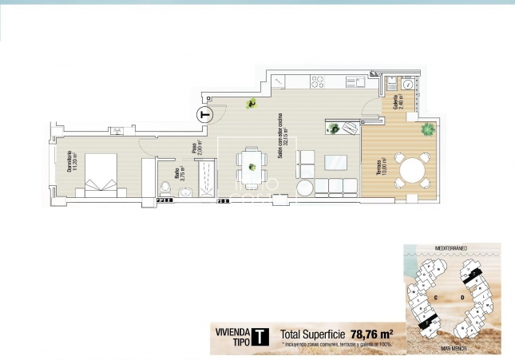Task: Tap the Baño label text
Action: coord(180,176)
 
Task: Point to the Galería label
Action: coord(397,103)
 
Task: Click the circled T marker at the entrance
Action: coord(205,113)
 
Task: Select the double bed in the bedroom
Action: coord(99,173)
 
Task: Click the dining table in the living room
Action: coord(252,167)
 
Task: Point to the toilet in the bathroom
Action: coord(165,188)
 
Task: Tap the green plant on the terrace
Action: coord(428,129)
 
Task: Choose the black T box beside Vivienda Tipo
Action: coord(260,337)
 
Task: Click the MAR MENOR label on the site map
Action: coord(452,349)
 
